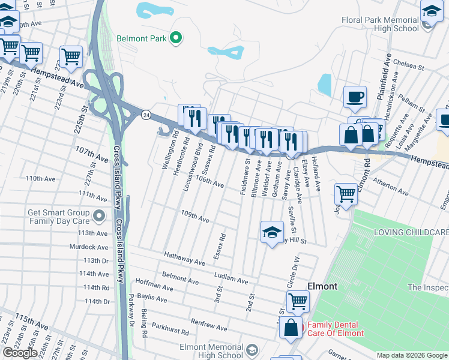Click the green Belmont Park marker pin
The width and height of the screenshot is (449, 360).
(x=176, y=39)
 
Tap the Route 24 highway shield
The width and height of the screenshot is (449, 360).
(x=146, y=114)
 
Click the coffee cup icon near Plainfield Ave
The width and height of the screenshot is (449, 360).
(x=355, y=97)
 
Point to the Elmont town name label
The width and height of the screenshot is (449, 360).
(x=322, y=286)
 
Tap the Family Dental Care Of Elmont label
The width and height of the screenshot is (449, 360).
(x=335, y=329)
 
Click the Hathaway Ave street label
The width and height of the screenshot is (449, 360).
(x=185, y=258)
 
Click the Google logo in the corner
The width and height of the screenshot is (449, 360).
(x=20, y=352)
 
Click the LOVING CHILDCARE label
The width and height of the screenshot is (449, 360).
(x=411, y=232)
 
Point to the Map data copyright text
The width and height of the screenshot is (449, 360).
(x=412, y=355)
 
